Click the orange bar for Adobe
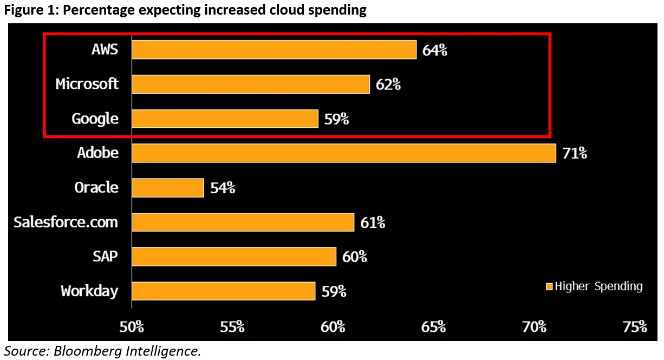pyautogui.click(x=343, y=153)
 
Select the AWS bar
pyautogui.click(x=274, y=50)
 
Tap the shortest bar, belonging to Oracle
pyautogui.click(x=167, y=188)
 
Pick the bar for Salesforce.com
pyautogui.click(x=242, y=222)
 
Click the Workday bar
pyautogui.click(x=223, y=291)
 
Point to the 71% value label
pyautogui.click(x=575, y=153)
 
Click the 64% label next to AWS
pyautogui.click(x=435, y=50)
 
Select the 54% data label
pyautogui.click(x=223, y=188)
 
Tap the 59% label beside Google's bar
pyautogui.click(x=336, y=119)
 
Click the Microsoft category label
pyautogui.click(x=87, y=84)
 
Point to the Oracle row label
pyautogui.click(x=96, y=187)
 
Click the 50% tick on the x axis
pyautogui.click(x=132, y=326)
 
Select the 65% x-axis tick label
pyautogui.click(x=433, y=326)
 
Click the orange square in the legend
pyautogui.click(x=549, y=286)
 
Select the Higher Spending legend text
pyautogui.click(x=598, y=286)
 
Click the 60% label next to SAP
pyautogui.click(x=355, y=257)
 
